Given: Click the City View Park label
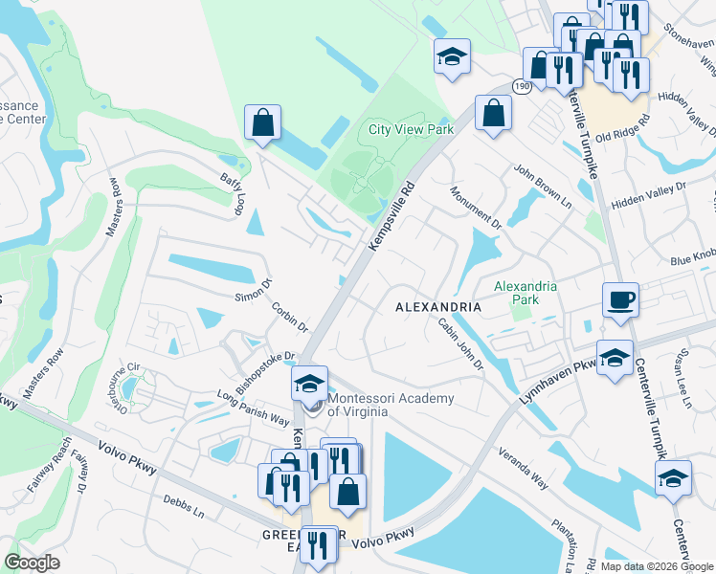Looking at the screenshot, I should (411, 129).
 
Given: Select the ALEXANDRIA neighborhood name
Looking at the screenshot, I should (438, 306).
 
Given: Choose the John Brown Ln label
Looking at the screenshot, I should (542, 186).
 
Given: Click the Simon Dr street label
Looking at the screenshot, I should (254, 290).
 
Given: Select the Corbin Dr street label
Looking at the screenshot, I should (288, 320).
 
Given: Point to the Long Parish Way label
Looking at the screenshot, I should (252, 407).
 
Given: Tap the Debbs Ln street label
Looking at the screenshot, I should (184, 506).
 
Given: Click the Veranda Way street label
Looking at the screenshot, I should (522, 473).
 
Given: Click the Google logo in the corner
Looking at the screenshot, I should (33, 563).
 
